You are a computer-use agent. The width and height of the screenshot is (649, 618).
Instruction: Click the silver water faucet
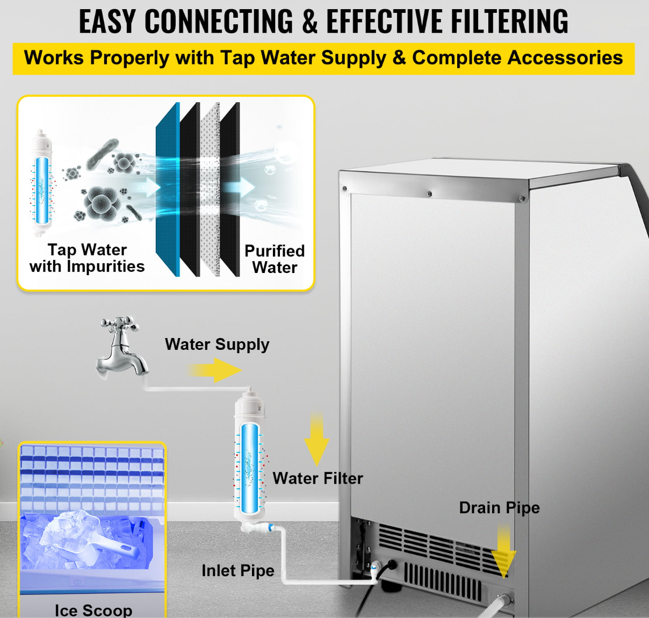pos(121,349)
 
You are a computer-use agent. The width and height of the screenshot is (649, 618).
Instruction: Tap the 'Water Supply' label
pos(217,344)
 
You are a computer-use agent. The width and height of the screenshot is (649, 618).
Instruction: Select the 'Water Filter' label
pos(318,478)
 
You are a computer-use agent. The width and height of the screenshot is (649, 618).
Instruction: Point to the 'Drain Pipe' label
pos(499,507)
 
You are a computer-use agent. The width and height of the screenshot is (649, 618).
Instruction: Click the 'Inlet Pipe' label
pos(237,570)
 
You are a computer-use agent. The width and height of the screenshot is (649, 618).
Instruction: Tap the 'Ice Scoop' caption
pos(93,610)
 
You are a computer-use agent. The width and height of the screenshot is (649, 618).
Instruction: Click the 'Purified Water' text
pos(275,258)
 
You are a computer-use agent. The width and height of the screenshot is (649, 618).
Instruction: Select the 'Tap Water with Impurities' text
pos(87,258)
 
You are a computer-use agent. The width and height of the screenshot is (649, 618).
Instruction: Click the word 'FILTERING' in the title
pos(509,21)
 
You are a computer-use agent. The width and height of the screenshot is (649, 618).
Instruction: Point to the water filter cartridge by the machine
pos(249,462)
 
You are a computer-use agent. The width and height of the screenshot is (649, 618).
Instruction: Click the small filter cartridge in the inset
pos(41,183)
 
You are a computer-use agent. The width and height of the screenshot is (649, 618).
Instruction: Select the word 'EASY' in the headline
pos(107,21)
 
